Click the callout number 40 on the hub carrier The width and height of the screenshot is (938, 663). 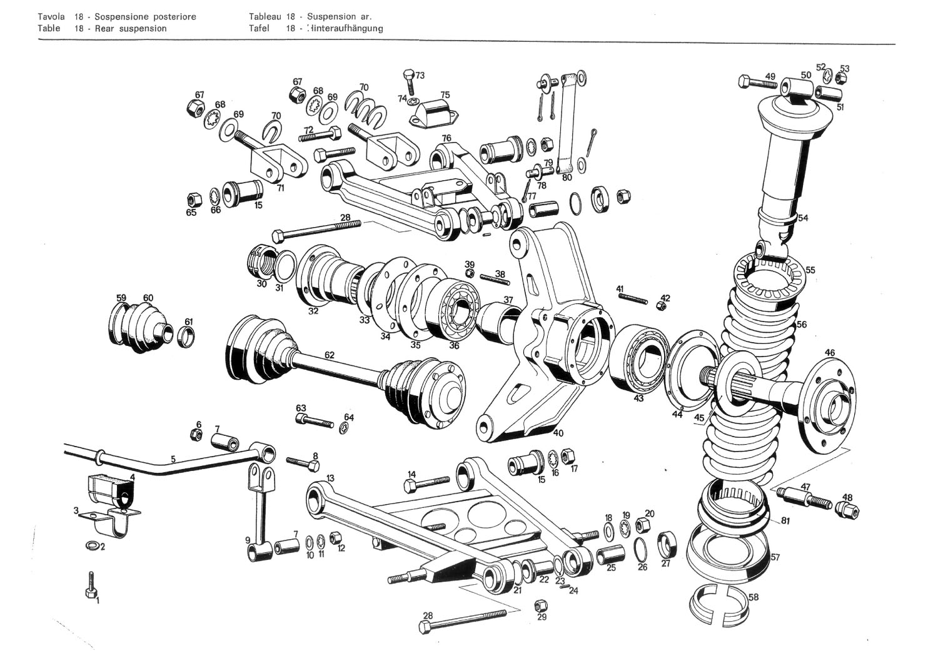(x=558, y=432)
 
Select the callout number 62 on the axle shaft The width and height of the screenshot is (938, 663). (x=329, y=355)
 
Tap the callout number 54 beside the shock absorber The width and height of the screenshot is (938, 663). (x=802, y=218)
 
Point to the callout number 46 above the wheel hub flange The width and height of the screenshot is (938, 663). (x=829, y=353)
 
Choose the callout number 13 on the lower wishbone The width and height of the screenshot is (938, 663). (x=330, y=478)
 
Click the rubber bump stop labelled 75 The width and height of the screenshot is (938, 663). (x=434, y=112)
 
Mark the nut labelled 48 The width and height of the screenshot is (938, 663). (x=849, y=510)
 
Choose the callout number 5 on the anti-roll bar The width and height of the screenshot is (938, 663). (x=173, y=459)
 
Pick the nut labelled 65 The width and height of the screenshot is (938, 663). (x=192, y=200)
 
